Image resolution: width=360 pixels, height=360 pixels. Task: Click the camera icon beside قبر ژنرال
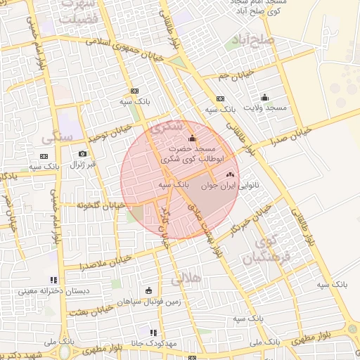click(83, 154)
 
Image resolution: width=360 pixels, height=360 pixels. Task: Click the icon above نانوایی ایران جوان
click(230, 174)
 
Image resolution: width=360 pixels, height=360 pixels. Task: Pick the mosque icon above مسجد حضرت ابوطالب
click(192, 139)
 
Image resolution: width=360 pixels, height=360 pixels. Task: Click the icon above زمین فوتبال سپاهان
click(148, 290)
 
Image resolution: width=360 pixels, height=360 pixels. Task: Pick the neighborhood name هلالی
click(186, 278)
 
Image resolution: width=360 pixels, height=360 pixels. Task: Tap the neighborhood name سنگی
click(57, 136)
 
